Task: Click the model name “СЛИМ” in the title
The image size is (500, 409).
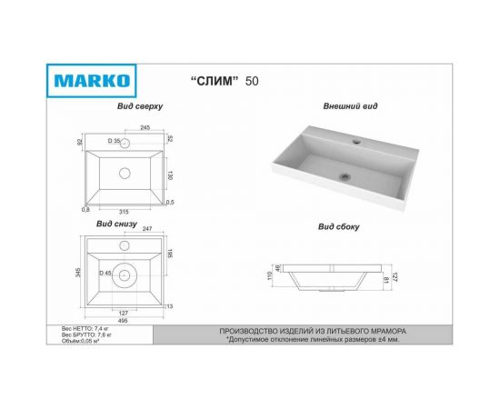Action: click(x=216, y=81)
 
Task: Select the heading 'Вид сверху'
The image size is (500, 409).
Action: click(x=139, y=106)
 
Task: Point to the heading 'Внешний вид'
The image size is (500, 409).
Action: click(x=350, y=106)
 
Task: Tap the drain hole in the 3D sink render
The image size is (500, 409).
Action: click(x=344, y=176)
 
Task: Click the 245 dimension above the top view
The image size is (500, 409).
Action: click(x=145, y=127)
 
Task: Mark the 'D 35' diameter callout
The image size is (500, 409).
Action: click(x=115, y=142)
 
